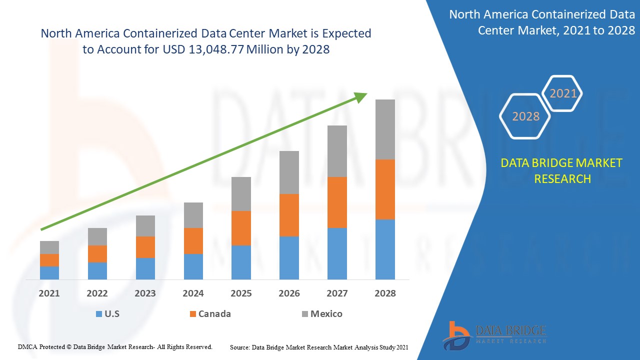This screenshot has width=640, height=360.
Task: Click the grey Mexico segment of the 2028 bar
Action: [385, 129]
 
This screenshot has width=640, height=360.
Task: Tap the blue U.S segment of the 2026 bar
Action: [289, 257]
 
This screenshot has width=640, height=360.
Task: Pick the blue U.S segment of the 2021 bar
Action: [49, 272]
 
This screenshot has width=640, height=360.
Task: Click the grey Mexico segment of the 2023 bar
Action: [145, 226]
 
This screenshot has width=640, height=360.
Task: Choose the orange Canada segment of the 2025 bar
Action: [241, 228]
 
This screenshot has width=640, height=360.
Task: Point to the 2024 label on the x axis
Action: [193, 293]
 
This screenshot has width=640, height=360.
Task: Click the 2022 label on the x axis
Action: [97, 293]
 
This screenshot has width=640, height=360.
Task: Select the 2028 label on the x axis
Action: [385, 293]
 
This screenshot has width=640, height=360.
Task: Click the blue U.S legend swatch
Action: [99, 314]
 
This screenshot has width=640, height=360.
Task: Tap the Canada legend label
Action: [214, 314]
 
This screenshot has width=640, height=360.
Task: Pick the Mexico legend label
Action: [326, 314]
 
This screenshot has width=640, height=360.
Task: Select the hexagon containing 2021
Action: [563, 93]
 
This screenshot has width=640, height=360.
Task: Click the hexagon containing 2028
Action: [525, 116]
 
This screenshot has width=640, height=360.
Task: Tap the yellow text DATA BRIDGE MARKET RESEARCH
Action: [562, 170]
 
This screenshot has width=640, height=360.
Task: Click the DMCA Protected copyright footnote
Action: [115, 346]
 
